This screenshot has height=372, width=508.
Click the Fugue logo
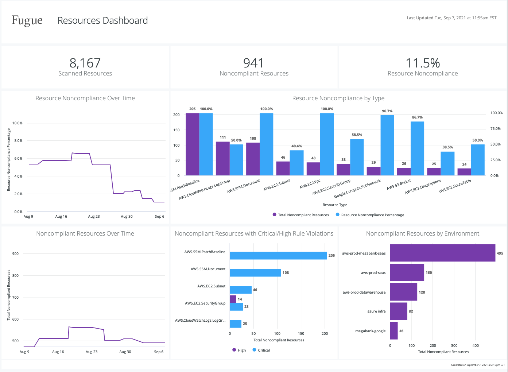pyautogui.click(x=27, y=20)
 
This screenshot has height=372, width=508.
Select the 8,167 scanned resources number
pyautogui.click(x=85, y=63)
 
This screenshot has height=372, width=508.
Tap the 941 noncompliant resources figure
pyautogui.click(x=253, y=63)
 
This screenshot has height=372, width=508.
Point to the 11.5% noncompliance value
pyautogui.click(x=423, y=63)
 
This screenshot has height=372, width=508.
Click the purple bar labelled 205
pyautogui.click(x=193, y=144)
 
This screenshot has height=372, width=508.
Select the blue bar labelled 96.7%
pyautogui.click(x=387, y=145)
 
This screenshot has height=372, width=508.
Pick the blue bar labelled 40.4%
pyautogui.click(x=296, y=163)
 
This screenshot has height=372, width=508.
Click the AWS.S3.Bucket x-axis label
pyautogui.click(x=399, y=184)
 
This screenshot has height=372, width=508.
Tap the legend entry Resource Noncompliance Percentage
pyautogui.click(x=372, y=215)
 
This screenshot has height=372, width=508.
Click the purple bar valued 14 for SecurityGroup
pyautogui.click(x=233, y=299)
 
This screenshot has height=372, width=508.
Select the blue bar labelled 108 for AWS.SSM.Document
pyautogui.click(x=255, y=272)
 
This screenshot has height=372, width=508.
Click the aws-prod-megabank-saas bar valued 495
pyautogui.click(x=442, y=253)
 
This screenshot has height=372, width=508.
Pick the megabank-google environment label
pyautogui.click(x=370, y=331)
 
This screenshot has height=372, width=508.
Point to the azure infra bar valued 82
pyautogui.click(x=399, y=311)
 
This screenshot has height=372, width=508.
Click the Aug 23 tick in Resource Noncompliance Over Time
pyautogui.click(x=94, y=216)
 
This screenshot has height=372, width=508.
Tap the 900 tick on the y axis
pyautogui.click(x=15, y=253)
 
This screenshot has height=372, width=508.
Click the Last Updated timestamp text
pyautogui.click(x=451, y=18)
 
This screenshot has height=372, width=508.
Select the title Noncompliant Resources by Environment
pyautogui.click(x=423, y=233)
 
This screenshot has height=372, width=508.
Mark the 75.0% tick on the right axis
pyautogui.click(x=495, y=128)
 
